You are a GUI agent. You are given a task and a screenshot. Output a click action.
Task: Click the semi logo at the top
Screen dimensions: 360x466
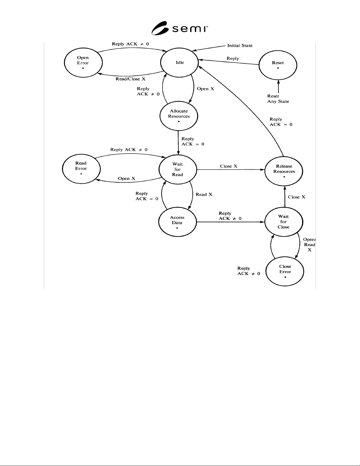[180, 28]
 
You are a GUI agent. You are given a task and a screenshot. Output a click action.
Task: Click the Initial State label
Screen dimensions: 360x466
[240, 46]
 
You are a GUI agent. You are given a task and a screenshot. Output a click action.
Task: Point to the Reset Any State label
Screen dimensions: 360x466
[278, 99]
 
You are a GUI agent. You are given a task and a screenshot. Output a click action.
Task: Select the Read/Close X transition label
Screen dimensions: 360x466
[130, 79]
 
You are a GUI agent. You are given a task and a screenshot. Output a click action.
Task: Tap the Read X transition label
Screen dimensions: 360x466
[204, 195]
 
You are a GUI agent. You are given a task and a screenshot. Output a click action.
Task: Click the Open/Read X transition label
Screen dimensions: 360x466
[309, 245]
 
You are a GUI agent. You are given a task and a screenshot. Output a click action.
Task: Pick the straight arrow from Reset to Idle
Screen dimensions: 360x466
[229, 62]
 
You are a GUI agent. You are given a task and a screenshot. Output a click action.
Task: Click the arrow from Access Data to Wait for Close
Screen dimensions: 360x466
[231, 222]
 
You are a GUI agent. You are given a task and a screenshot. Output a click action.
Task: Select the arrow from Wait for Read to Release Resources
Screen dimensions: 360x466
[231, 170]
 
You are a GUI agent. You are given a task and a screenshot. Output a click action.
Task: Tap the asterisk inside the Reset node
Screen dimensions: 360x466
[278, 68]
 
